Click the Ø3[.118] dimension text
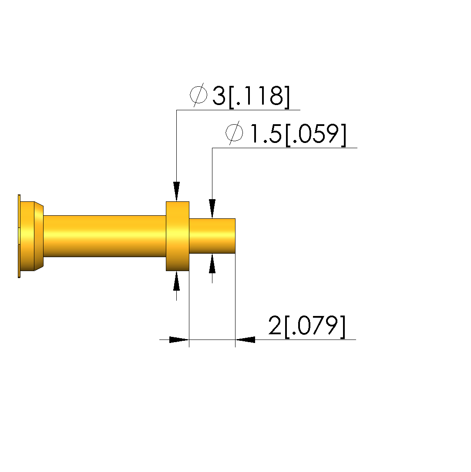click(x=240, y=96)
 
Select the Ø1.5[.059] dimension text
click(x=286, y=134)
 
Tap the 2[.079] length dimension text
click(x=307, y=326)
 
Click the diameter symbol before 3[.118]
click(x=198, y=95)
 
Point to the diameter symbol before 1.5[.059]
click(x=234, y=132)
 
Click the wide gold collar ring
click(x=178, y=236)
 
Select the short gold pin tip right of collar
click(x=212, y=236)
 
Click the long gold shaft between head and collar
click(x=105, y=236)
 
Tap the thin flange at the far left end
click(x=19, y=236)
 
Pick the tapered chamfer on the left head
click(x=39, y=236)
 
